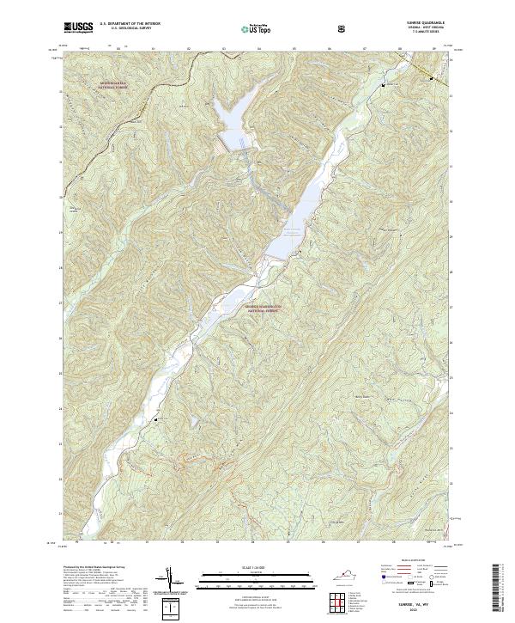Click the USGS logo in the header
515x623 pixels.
pos(78,27)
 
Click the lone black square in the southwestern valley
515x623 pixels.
pos(155,419)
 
